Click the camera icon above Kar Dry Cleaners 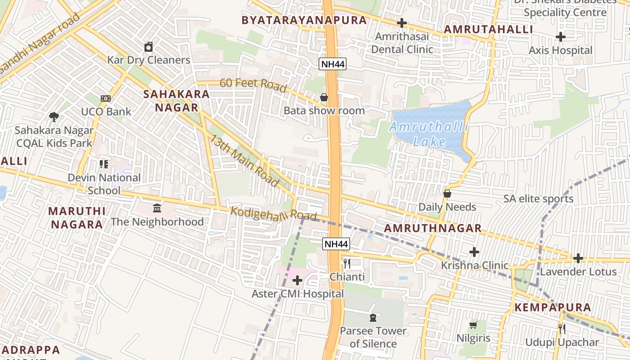(148, 47)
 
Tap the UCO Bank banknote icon (106, 98)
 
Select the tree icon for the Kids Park (54, 117)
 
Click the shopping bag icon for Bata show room (324, 97)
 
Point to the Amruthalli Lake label (428, 134)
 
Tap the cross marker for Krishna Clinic (474, 252)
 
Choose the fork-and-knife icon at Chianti (346, 264)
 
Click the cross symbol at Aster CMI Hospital (297, 281)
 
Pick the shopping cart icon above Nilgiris (473, 325)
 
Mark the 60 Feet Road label (253, 85)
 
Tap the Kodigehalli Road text (274, 214)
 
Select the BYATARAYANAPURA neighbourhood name (304, 20)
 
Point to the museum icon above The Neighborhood (157, 208)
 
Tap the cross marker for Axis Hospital (560, 37)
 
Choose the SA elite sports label (538, 199)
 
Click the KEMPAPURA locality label (553, 308)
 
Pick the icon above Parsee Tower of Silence (373, 318)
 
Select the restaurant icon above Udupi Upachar (562, 329)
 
